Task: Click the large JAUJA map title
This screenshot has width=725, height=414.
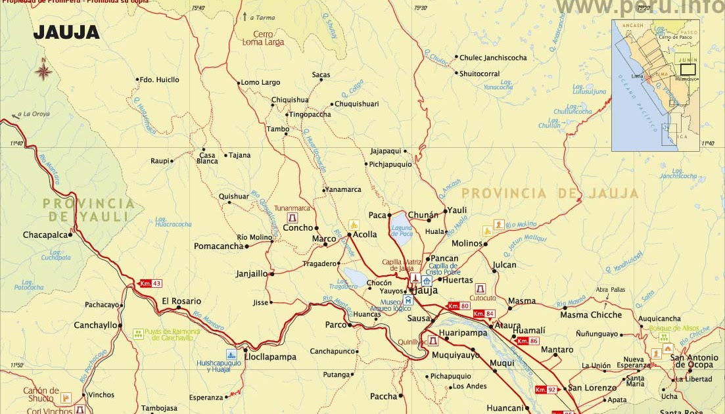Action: pos(66,32)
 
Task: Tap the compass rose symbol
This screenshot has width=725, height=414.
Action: pos(43,70)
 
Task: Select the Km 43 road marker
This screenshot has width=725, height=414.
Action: pos(150,283)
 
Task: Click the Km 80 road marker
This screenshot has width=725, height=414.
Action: pos(458,306)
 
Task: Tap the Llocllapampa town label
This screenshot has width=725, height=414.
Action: pos(270,357)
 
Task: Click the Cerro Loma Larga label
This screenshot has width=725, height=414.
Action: pos(263,37)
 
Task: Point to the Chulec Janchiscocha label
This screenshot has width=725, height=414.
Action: pos(493,58)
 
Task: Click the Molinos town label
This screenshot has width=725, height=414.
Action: pos(467,244)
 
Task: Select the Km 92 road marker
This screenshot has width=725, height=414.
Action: pos(546,389)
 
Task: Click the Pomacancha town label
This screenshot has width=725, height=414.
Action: pos(218,246)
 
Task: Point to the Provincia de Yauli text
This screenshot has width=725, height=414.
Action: pos(89,210)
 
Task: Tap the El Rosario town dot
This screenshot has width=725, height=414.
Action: pos(178,308)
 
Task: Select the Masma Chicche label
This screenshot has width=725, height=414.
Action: pos(590,315)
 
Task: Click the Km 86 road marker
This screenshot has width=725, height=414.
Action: pos(527,340)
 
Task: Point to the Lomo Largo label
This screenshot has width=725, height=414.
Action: pos(260,83)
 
